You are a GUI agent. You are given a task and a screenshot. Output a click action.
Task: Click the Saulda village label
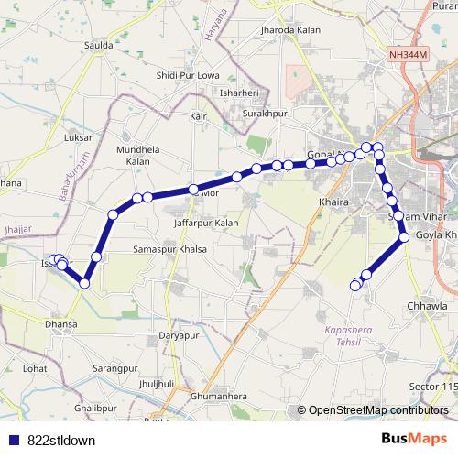coord(98,44)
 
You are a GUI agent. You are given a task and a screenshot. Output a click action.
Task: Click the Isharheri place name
coord(240,93)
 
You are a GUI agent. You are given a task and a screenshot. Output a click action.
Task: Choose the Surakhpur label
coord(265,113)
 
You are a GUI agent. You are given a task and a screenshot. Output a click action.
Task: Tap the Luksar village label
coord(81,137)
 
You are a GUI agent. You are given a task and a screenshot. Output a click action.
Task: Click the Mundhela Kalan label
coord(137,155)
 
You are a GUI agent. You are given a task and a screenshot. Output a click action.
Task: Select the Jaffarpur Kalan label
coord(205,223)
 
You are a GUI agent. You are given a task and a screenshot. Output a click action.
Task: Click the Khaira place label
coord(330,201)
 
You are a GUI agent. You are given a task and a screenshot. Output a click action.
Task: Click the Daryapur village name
coord(179,335)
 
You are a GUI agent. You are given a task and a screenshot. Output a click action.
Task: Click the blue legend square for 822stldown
coord(12,440)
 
